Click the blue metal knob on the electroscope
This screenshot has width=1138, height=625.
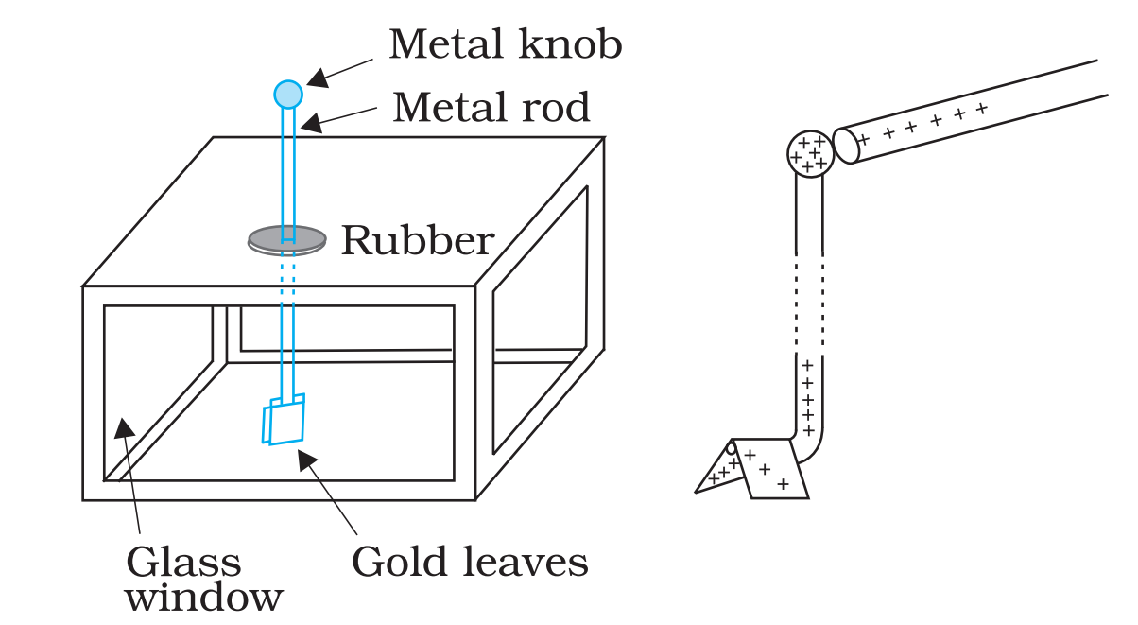[x=288, y=95]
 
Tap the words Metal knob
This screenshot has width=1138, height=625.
[x=505, y=44]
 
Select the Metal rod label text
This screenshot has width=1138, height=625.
[x=491, y=107]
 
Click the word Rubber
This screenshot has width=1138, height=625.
[x=417, y=241]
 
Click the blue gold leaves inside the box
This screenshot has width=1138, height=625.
[x=284, y=419]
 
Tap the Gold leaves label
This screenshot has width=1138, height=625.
[x=470, y=563]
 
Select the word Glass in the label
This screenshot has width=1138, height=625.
[x=183, y=563]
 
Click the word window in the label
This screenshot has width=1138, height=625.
[x=204, y=598]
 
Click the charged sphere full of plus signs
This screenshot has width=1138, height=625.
[x=810, y=154]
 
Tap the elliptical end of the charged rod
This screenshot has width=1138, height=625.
[x=845, y=146]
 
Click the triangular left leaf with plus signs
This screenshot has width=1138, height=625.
[x=720, y=471]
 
